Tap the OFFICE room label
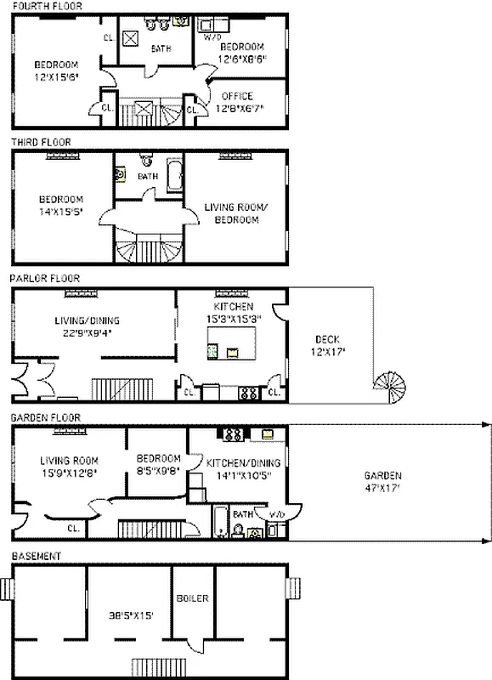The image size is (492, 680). coord(237,96)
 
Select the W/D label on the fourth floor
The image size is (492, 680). coord(212,37)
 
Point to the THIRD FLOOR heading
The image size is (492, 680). coord(41,142)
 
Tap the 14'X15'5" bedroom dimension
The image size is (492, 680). coord(60,212)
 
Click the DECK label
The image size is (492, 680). coord(326,339)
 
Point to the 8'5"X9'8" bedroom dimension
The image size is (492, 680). coord(158,472)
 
